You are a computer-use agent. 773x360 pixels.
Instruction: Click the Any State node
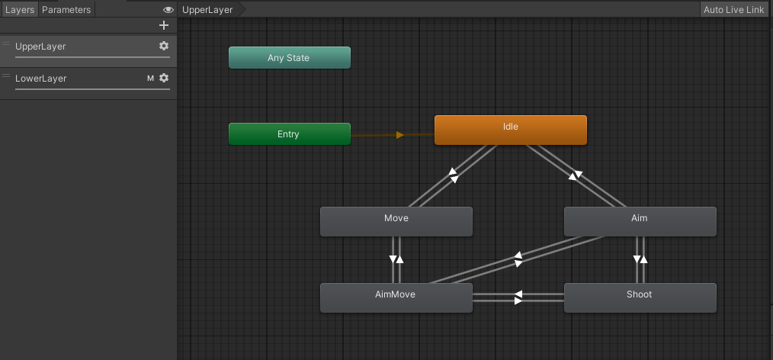[x=289, y=58]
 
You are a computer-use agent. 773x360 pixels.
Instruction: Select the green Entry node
[x=289, y=134]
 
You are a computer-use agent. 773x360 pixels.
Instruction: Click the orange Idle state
[x=510, y=130]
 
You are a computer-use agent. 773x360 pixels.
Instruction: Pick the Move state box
[x=396, y=221]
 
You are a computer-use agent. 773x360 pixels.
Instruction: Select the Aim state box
[x=640, y=221]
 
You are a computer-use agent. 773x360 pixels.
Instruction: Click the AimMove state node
[x=396, y=297]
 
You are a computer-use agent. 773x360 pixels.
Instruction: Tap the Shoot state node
[x=640, y=297]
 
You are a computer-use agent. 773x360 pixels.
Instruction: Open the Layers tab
[x=19, y=10]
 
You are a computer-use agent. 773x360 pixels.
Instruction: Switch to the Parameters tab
[x=66, y=10]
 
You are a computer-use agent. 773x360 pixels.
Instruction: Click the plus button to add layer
[x=163, y=25]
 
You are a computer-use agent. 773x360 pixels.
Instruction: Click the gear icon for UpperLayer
[x=163, y=47]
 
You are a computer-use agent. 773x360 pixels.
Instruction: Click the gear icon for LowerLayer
[x=163, y=78]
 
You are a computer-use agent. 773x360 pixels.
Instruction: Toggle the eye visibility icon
[x=168, y=10]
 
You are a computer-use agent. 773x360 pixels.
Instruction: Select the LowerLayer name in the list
[x=41, y=78]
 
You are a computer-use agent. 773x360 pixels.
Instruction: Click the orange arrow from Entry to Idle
[x=399, y=135]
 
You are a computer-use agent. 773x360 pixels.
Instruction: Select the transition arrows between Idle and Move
[x=453, y=175]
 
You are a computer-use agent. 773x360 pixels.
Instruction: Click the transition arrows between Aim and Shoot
[x=640, y=259]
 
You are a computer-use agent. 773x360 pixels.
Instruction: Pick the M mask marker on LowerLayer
[x=150, y=78]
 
